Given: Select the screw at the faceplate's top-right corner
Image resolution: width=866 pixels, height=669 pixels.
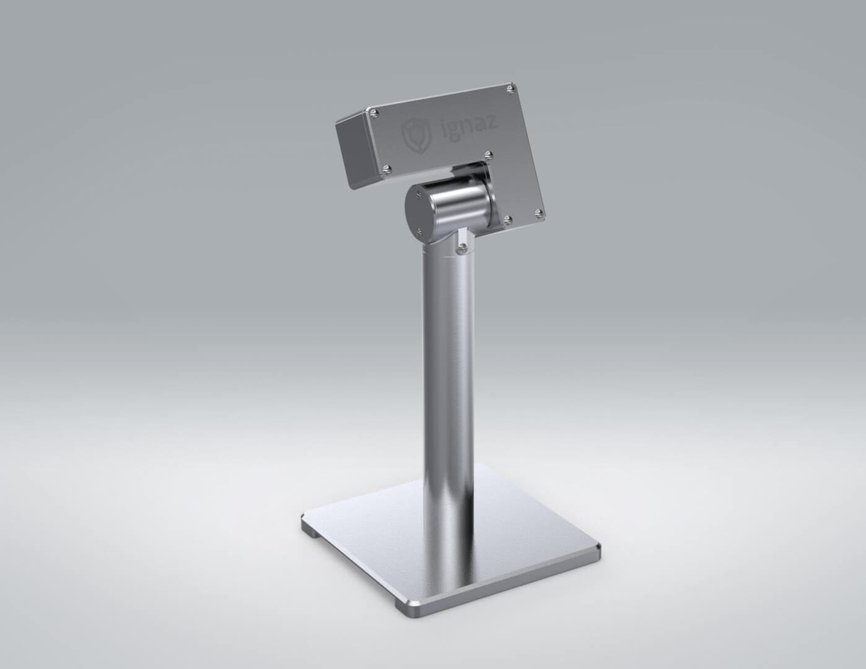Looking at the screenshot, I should click(x=510, y=89).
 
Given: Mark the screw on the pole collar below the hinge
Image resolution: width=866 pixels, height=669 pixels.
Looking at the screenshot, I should click(x=461, y=248).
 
